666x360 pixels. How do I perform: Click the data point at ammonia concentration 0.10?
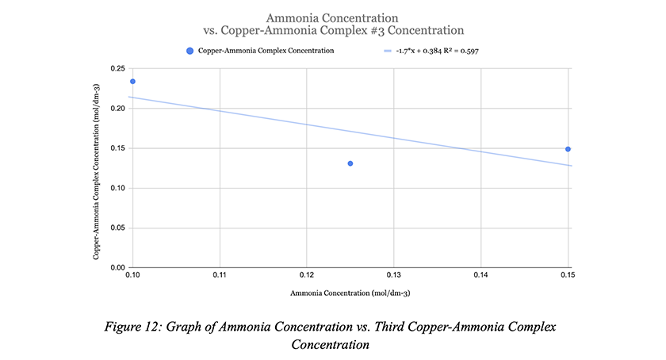coord(132,82)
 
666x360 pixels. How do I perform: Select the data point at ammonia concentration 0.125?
coord(350,163)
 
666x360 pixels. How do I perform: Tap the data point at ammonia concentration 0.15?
coord(568,149)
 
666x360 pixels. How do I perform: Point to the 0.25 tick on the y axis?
coord(118,68)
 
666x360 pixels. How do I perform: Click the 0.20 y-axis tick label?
coord(118,109)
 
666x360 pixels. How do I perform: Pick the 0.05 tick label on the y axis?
coord(118,228)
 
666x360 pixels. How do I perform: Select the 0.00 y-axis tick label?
coord(118,268)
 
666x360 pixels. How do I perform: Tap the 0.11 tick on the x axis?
coord(220,275)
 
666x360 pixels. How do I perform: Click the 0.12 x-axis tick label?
coord(307,275)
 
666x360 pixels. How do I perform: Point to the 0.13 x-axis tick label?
coord(394,275)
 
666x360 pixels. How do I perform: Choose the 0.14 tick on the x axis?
coord(480,275)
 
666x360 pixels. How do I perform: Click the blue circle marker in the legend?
coord(189,51)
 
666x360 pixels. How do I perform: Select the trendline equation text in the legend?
coord(438,51)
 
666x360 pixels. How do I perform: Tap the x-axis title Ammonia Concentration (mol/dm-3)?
coord(350,293)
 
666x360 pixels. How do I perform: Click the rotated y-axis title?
coord(97,172)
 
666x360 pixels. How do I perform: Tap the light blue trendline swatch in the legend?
coord(388,51)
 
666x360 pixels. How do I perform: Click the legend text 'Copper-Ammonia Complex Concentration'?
coord(266,51)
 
